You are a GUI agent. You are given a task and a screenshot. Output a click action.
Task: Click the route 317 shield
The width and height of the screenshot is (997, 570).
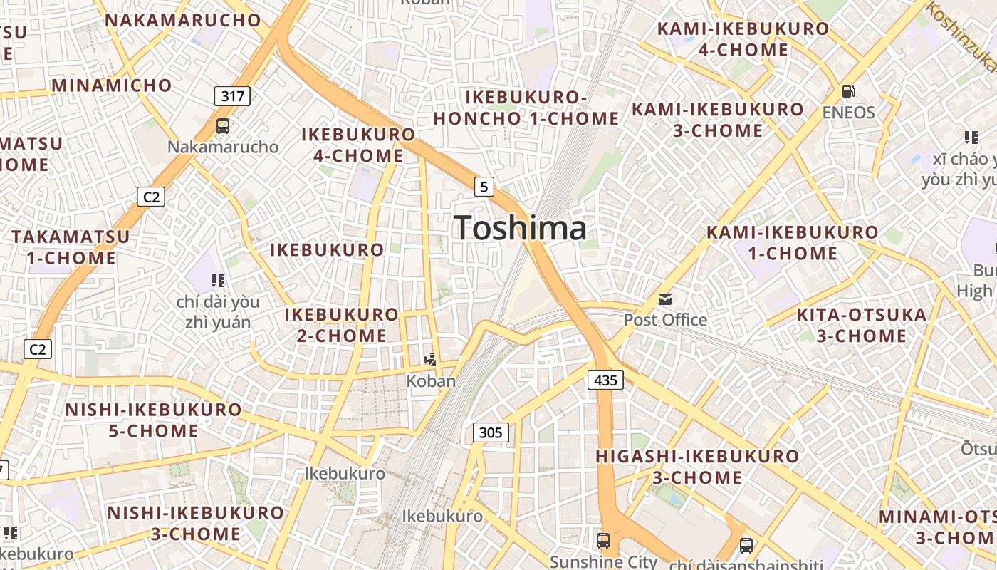[x=232, y=95]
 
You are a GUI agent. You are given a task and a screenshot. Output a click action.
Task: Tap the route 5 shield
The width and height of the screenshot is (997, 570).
[x=484, y=187]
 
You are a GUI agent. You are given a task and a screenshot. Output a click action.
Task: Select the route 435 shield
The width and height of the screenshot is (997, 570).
[x=605, y=380]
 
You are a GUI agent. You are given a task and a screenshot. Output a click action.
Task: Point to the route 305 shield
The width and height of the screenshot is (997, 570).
[x=491, y=432]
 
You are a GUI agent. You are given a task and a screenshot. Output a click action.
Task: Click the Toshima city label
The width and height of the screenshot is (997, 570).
[x=521, y=228]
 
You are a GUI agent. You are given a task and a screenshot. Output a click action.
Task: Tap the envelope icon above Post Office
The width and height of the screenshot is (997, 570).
[x=665, y=299]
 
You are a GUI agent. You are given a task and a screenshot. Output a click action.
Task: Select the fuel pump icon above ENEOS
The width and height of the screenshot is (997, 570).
[x=848, y=91]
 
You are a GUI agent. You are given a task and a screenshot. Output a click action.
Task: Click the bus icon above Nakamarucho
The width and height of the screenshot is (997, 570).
[x=223, y=126]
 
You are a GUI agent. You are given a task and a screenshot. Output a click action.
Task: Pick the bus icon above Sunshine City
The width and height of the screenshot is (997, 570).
[x=603, y=540]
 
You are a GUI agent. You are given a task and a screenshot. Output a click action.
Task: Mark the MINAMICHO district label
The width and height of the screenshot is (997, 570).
[x=112, y=85]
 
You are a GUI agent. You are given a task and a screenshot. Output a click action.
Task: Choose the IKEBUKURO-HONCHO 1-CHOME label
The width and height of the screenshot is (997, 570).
[x=526, y=108]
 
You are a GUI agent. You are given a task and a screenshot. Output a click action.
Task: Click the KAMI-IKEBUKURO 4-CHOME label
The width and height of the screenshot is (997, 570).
[x=743, y=39]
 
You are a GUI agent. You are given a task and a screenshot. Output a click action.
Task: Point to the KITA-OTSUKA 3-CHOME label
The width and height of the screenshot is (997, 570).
[x=862, y=325]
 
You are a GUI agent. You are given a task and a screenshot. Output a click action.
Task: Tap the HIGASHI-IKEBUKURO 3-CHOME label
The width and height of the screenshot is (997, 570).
[x=697, y=466]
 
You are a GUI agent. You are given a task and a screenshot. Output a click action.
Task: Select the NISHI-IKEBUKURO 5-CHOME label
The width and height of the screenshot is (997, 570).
[x=154, y=420]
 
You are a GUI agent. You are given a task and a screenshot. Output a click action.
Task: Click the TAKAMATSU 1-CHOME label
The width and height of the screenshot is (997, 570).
[x=71, y=247]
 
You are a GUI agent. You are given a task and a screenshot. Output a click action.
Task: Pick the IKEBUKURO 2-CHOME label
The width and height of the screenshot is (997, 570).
[x=342, y=325]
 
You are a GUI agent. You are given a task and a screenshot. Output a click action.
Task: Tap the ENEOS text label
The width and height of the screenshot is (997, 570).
[x=848, y=113]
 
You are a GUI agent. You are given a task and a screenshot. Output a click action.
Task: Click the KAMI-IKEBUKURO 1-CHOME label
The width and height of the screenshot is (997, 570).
[x=793, y=243]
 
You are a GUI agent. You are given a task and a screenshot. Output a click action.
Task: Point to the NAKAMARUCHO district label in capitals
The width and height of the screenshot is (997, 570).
[x=183, y=20]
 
